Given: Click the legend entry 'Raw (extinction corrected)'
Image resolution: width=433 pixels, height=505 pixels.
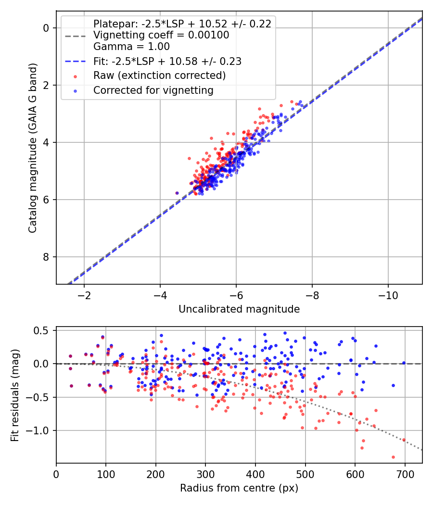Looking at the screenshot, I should click(159, 76).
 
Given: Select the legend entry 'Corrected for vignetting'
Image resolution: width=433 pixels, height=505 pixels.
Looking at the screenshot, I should click(153, 90).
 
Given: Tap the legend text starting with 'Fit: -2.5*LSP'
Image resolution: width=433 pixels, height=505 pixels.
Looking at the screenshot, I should click(167, 61).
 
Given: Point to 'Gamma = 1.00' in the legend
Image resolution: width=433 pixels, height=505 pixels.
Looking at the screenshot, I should click(131, 47).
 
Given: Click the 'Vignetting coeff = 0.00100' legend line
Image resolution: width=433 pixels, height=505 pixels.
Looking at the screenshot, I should click(161, 35).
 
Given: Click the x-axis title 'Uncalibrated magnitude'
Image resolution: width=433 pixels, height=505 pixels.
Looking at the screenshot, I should click(239, 309).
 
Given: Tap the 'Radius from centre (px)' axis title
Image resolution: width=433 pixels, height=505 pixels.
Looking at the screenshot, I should click(239, 488).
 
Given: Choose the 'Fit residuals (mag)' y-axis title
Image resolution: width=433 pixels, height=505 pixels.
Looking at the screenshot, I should click(15, 395).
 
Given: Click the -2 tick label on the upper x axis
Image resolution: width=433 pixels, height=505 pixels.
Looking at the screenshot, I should click(84, 294).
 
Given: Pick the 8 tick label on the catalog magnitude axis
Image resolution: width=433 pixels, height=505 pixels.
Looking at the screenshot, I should click(46, 257).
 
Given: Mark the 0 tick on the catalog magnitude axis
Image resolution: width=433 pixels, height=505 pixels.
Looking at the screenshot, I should click(46, 28).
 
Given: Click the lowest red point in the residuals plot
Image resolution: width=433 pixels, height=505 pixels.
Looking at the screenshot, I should click(393, 457).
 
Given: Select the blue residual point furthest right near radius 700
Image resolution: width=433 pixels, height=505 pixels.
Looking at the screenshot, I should click(404, 363).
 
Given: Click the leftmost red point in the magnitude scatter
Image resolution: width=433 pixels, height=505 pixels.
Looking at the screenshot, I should click(177, 193).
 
